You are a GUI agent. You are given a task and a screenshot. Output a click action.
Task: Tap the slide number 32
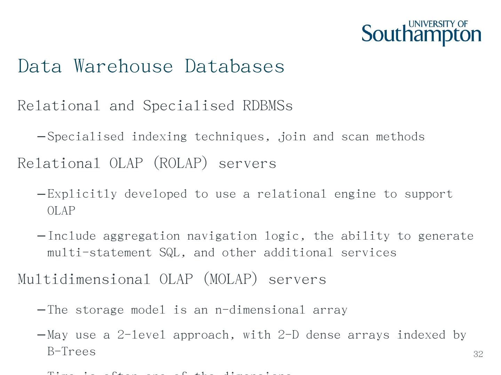pyautogui.click(x=478, y=354)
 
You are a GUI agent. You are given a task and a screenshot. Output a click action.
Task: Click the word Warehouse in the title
pyautogui.click(x=123, y=66)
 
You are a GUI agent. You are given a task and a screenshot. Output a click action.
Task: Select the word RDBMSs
pyautogui.click(x=268, y=106)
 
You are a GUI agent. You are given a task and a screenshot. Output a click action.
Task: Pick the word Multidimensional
pyautogui.click(x=84, y=279)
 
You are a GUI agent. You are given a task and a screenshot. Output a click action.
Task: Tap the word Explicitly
pyautogui.click(x=82, y=194)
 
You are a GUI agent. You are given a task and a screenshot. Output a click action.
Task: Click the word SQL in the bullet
pyautogui.click(x=169, y=252)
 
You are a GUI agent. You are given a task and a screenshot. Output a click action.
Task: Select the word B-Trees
pyautogui.click(x=71, y=351)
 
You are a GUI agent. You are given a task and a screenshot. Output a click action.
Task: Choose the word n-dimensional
pyautogui.click(x=260, y=310)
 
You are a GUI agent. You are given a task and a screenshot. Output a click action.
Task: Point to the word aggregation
pyautogui.click(x=141, y=236)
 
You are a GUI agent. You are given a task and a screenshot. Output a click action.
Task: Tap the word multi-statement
pyautogui.click(x=100, y=252)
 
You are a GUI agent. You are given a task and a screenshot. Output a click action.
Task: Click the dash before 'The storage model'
pyautogui.click(x=41, y=310)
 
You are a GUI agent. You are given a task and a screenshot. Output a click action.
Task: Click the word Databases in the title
pyautogui.click(x=234, y=66)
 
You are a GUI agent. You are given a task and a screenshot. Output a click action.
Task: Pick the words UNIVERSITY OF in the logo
pyautogui.click(x=438, y=24)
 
